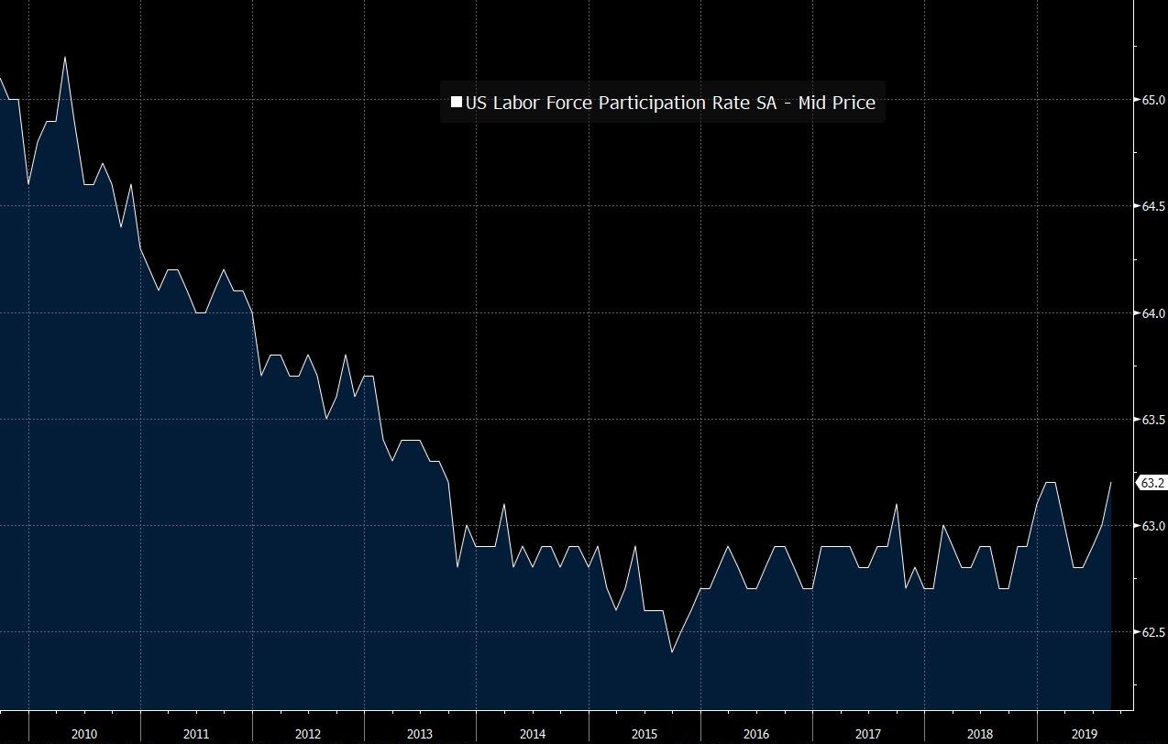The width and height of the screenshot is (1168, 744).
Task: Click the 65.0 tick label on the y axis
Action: (x=1152, y=100)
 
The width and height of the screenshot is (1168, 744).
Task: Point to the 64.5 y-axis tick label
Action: (x=1152, y=206)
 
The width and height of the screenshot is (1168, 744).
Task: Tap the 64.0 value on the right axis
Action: (x=1152, y=313)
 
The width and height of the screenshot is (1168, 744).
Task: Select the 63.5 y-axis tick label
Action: (x=1152, y=420)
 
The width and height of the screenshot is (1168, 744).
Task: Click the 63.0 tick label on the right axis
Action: (x=1152, y=526)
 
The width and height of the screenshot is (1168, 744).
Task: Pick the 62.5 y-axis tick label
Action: (x=1152, y=632)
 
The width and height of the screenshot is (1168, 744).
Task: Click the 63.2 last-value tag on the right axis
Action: (x=1151, y=483)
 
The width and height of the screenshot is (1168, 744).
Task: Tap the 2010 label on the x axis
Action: (x=83, y=734)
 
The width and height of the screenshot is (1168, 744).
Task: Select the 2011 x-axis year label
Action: (x=195, y=734)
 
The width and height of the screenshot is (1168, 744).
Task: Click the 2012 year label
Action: (x=308, y=734)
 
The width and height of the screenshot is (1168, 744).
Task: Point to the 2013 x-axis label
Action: (x=420, y=734)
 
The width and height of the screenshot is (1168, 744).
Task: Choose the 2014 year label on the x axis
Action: (x=532, y=734)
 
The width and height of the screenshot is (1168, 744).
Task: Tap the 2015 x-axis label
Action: (x=644, y=734)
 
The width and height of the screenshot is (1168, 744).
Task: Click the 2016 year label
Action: (x=756, y=734)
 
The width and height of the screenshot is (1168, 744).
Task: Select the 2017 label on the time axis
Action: (x=868, y=734)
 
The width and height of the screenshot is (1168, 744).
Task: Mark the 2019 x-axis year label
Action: (x=1084, y=734)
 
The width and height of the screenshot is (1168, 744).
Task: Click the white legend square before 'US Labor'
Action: (x=457, y=102)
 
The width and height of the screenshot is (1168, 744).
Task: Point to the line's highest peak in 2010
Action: (x=65, y=57)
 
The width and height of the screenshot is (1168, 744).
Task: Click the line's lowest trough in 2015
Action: (x=672, y=652)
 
